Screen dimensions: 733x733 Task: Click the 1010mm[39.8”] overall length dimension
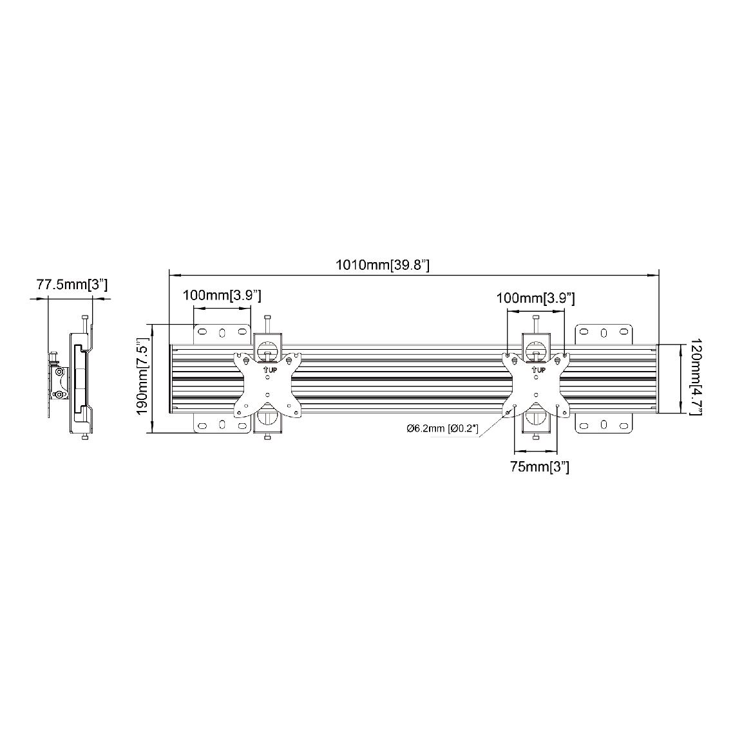click(x=383, y=265)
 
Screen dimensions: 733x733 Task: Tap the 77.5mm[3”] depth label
click(x=72, y=285)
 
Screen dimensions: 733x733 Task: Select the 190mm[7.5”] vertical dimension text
click(x=142, y=379)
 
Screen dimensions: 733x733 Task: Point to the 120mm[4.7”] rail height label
click(x=696, y=377)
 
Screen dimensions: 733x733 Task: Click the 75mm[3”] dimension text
click(x=540, y=466)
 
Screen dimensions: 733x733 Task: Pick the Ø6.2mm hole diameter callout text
click(x=443, y=428)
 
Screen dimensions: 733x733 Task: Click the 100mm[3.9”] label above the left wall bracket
click(x=222, y=296)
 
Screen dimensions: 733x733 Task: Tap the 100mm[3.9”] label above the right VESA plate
click(x=535, y=298)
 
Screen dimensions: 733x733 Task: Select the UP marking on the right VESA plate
click(x=538, y=370)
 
